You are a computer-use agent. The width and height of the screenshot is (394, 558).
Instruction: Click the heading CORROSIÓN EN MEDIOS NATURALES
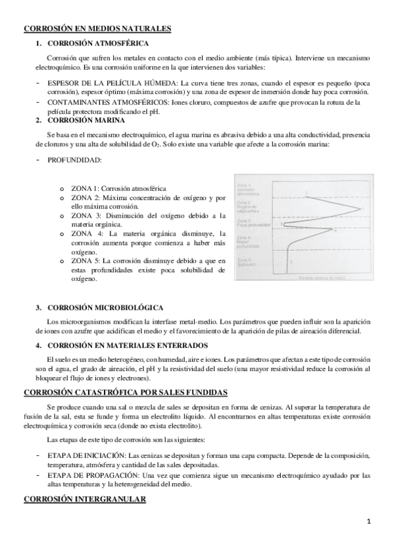97,29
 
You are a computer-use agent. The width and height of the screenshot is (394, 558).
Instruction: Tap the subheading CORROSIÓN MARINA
78,120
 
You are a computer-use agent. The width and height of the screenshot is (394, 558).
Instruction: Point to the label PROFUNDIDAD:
74,160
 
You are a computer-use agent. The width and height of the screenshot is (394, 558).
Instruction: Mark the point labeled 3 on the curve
283,224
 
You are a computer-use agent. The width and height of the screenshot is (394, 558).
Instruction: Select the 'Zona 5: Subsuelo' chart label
245,263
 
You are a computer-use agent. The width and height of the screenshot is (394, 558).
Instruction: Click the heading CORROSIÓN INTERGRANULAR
85,499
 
